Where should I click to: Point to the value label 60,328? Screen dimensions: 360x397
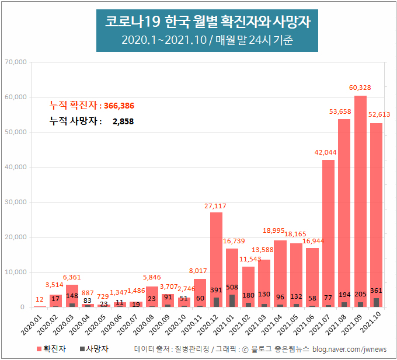pyautogui.click(x=360, y=88)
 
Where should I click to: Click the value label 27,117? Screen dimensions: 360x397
pyautogui.click(x=216, y=205)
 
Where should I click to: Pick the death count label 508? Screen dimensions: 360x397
pyautogui.click(x=232, y=286)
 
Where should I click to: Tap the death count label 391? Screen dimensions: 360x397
pyautogui.click(x=216, y=289)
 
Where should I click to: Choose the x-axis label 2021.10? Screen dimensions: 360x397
pyautogui.click(x=371, y=324)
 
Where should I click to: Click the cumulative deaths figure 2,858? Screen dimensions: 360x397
pyautogui.click(x=124, y=121)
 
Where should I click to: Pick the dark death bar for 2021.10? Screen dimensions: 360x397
pyautogui.click(x=377, y=302)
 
